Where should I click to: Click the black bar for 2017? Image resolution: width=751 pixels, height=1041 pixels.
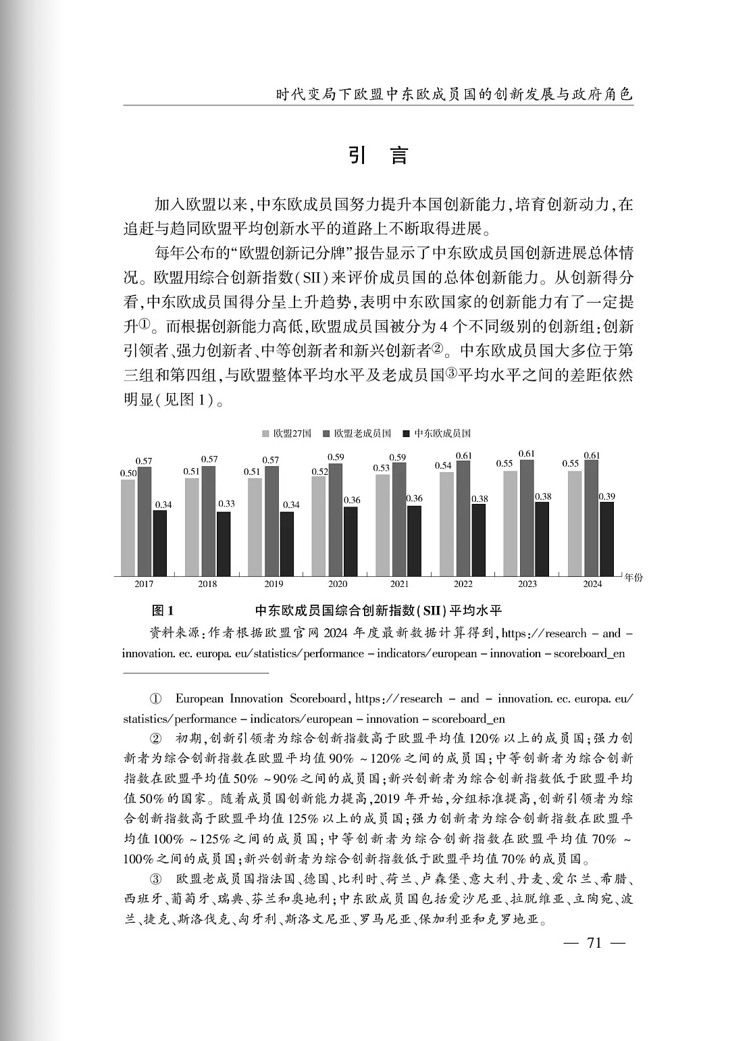pyautogui.click(x=160, y=542)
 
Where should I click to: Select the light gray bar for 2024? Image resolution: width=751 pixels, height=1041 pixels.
pyautogui.click(x=575, y=523)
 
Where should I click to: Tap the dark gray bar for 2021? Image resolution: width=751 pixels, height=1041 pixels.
pyautogui.click(x=399, y=519)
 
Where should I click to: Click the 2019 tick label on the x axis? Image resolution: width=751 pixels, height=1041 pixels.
pyautogui.click(x=274, y=584)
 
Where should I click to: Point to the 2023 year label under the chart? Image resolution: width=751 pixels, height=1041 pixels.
pyautogui.click(x=527, y=584)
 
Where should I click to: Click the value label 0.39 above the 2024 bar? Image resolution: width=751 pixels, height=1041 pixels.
pyautogui.click(x=607, y=497)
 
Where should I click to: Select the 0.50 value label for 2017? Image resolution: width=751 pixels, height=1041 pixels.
pyautogui.click(x=128, y=474)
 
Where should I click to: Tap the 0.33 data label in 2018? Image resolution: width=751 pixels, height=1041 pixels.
pyautogui.click(x=226, y=504)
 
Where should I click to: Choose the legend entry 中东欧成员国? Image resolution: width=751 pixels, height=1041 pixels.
pyautogui.click(x=436, y=434)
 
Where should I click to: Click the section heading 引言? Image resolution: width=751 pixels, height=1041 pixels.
pyautogui.click(x=378, y=155)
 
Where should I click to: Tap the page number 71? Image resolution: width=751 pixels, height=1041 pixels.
pyautogui.click(x=594, y=943)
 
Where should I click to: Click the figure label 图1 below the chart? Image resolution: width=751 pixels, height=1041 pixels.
pyautogui.click(x=163, y=611)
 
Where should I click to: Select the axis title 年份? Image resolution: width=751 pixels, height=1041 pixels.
pyautogui.click(x=633, y=578)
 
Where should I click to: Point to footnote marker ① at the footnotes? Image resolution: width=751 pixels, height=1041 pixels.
pyautogui.click(x=155, y=699)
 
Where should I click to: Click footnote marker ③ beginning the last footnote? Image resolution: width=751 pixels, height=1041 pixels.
pyautogui.click(x=155, y=879)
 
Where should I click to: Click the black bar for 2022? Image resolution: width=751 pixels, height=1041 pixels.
pyautogui.click(x=478, y=540)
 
